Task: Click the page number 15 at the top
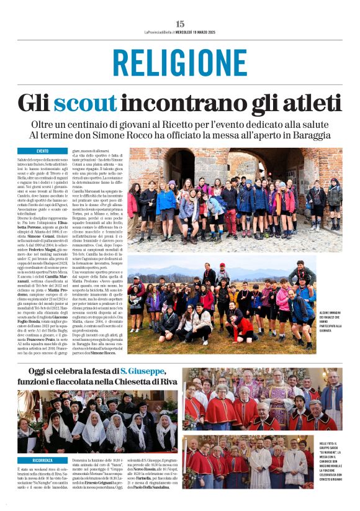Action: tap(180, 24)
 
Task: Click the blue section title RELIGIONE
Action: tap(180, 62)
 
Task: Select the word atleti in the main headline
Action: tap(304, 102)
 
